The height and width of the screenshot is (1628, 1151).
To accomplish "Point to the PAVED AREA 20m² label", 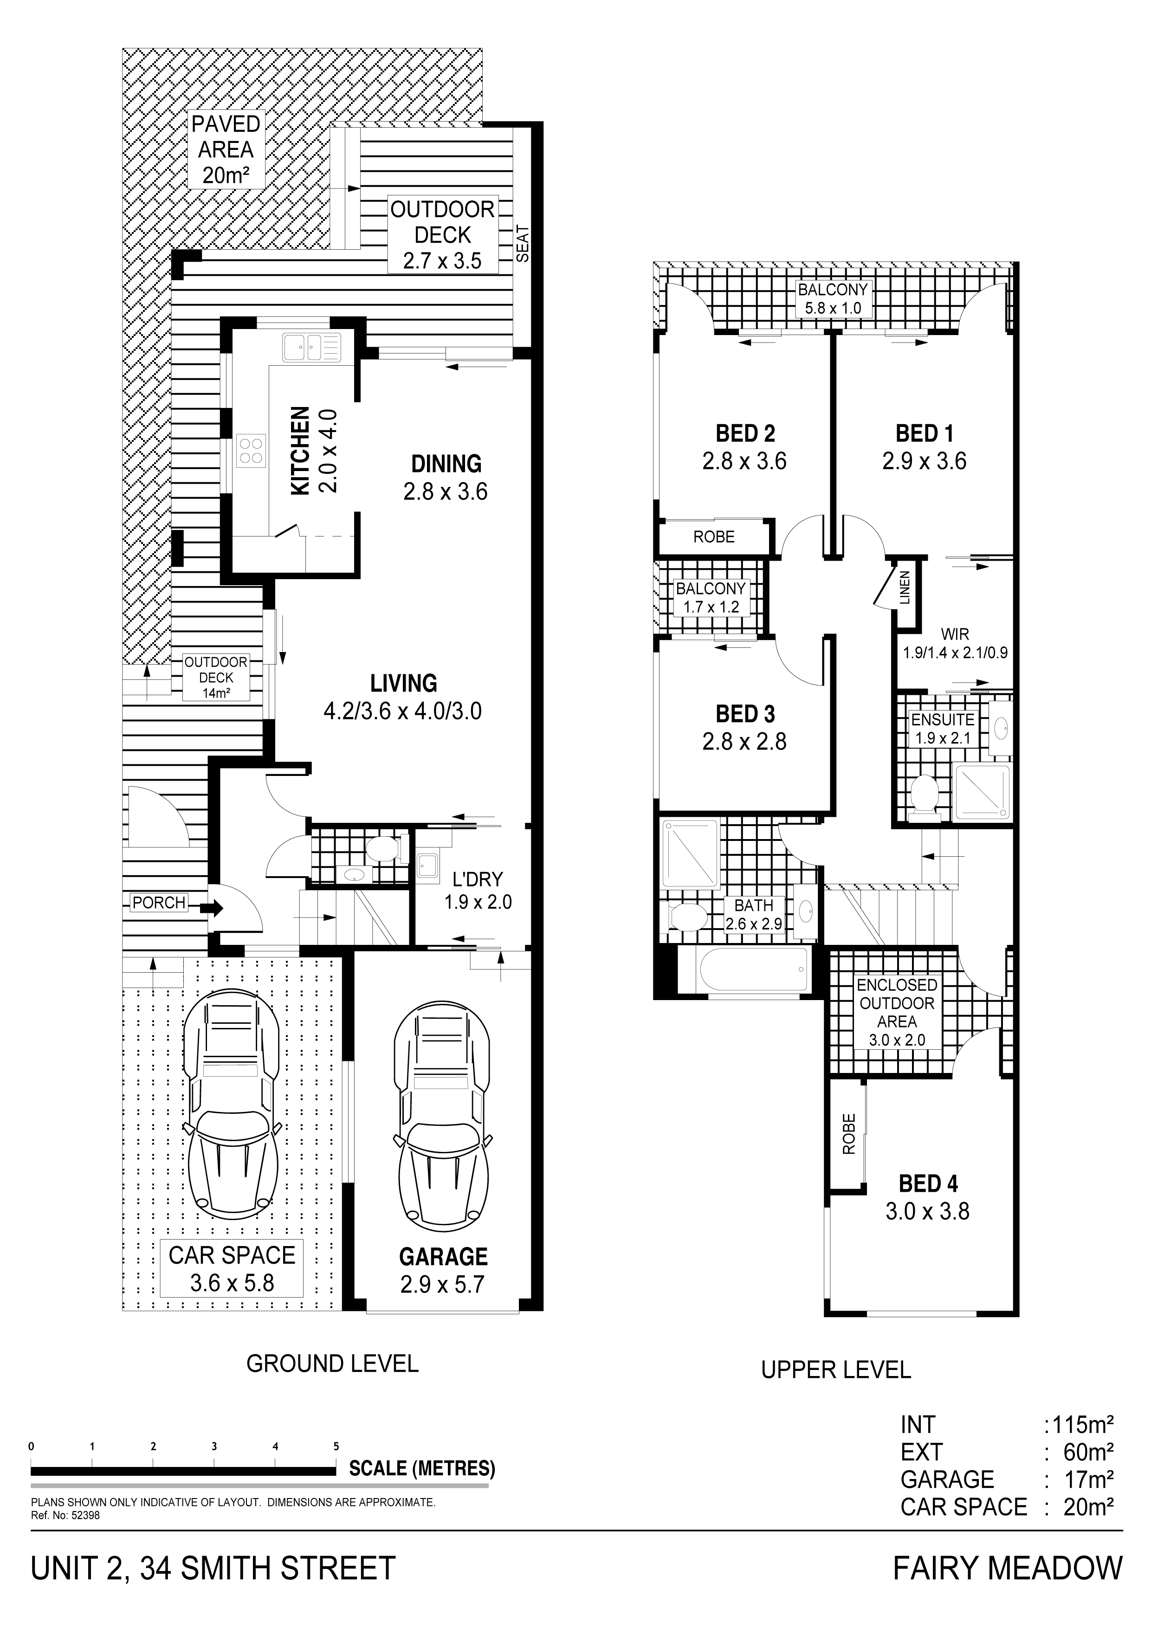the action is point(226,149).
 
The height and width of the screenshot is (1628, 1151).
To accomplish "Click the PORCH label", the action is point(159,903).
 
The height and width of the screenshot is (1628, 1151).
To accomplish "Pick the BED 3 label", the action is point(744,714).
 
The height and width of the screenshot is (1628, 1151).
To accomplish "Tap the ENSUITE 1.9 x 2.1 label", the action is point(943,728).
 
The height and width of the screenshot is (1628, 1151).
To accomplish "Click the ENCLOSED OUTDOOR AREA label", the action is point(897,1013).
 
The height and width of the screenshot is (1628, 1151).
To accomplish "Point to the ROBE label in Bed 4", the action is point(849,1133).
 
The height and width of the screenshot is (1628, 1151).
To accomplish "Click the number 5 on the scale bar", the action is point(336,1447).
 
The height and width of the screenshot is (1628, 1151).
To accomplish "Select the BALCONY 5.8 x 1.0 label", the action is point(833,298).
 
